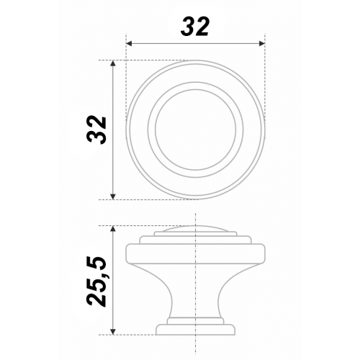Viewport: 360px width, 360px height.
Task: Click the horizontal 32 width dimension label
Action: [x=195, y=27]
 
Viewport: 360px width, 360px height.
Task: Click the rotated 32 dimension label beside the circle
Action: [x=96, y=130]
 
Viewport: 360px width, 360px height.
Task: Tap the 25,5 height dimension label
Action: [x=96, y=282]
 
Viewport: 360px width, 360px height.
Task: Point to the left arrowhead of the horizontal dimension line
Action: [x=129, y=43]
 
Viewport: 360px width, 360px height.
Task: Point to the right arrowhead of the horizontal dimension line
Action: [x=261, y=43]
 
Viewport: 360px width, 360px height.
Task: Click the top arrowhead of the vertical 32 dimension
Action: [x=113, y=63]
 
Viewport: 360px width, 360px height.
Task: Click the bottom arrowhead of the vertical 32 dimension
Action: [x=113, y=197]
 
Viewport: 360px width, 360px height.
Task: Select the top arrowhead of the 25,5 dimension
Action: [x=113, y=229]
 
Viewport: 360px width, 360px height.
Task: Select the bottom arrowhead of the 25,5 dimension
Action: [x=113, y=332]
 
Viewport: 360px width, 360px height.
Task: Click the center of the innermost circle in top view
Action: [x=196, y=130]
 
